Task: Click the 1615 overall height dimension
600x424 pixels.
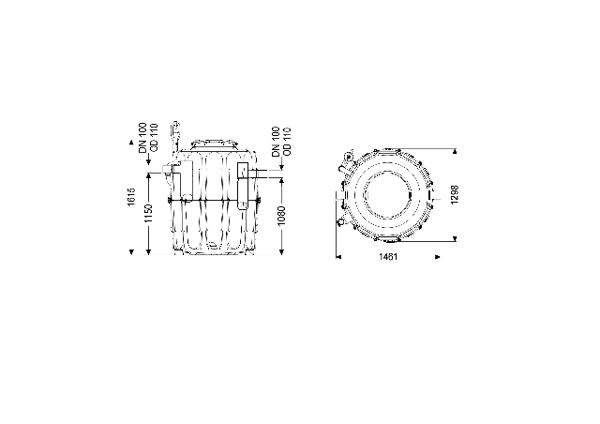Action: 131,196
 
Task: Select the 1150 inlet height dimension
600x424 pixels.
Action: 148,214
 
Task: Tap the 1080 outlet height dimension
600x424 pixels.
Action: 281,216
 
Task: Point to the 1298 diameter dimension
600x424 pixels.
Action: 454,194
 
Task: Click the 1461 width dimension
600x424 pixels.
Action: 388,257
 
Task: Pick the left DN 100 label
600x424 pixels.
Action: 142,138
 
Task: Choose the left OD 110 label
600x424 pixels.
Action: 154,137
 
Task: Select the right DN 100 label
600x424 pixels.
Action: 276,142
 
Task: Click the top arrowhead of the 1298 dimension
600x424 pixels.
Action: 455,151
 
